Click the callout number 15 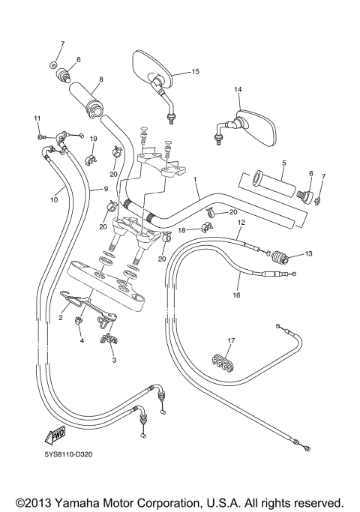195,72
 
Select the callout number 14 238,90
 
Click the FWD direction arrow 55,435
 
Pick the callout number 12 241,223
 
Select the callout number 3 114,361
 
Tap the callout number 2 60,318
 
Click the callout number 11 35,119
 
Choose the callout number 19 94,139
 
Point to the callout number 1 195,181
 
